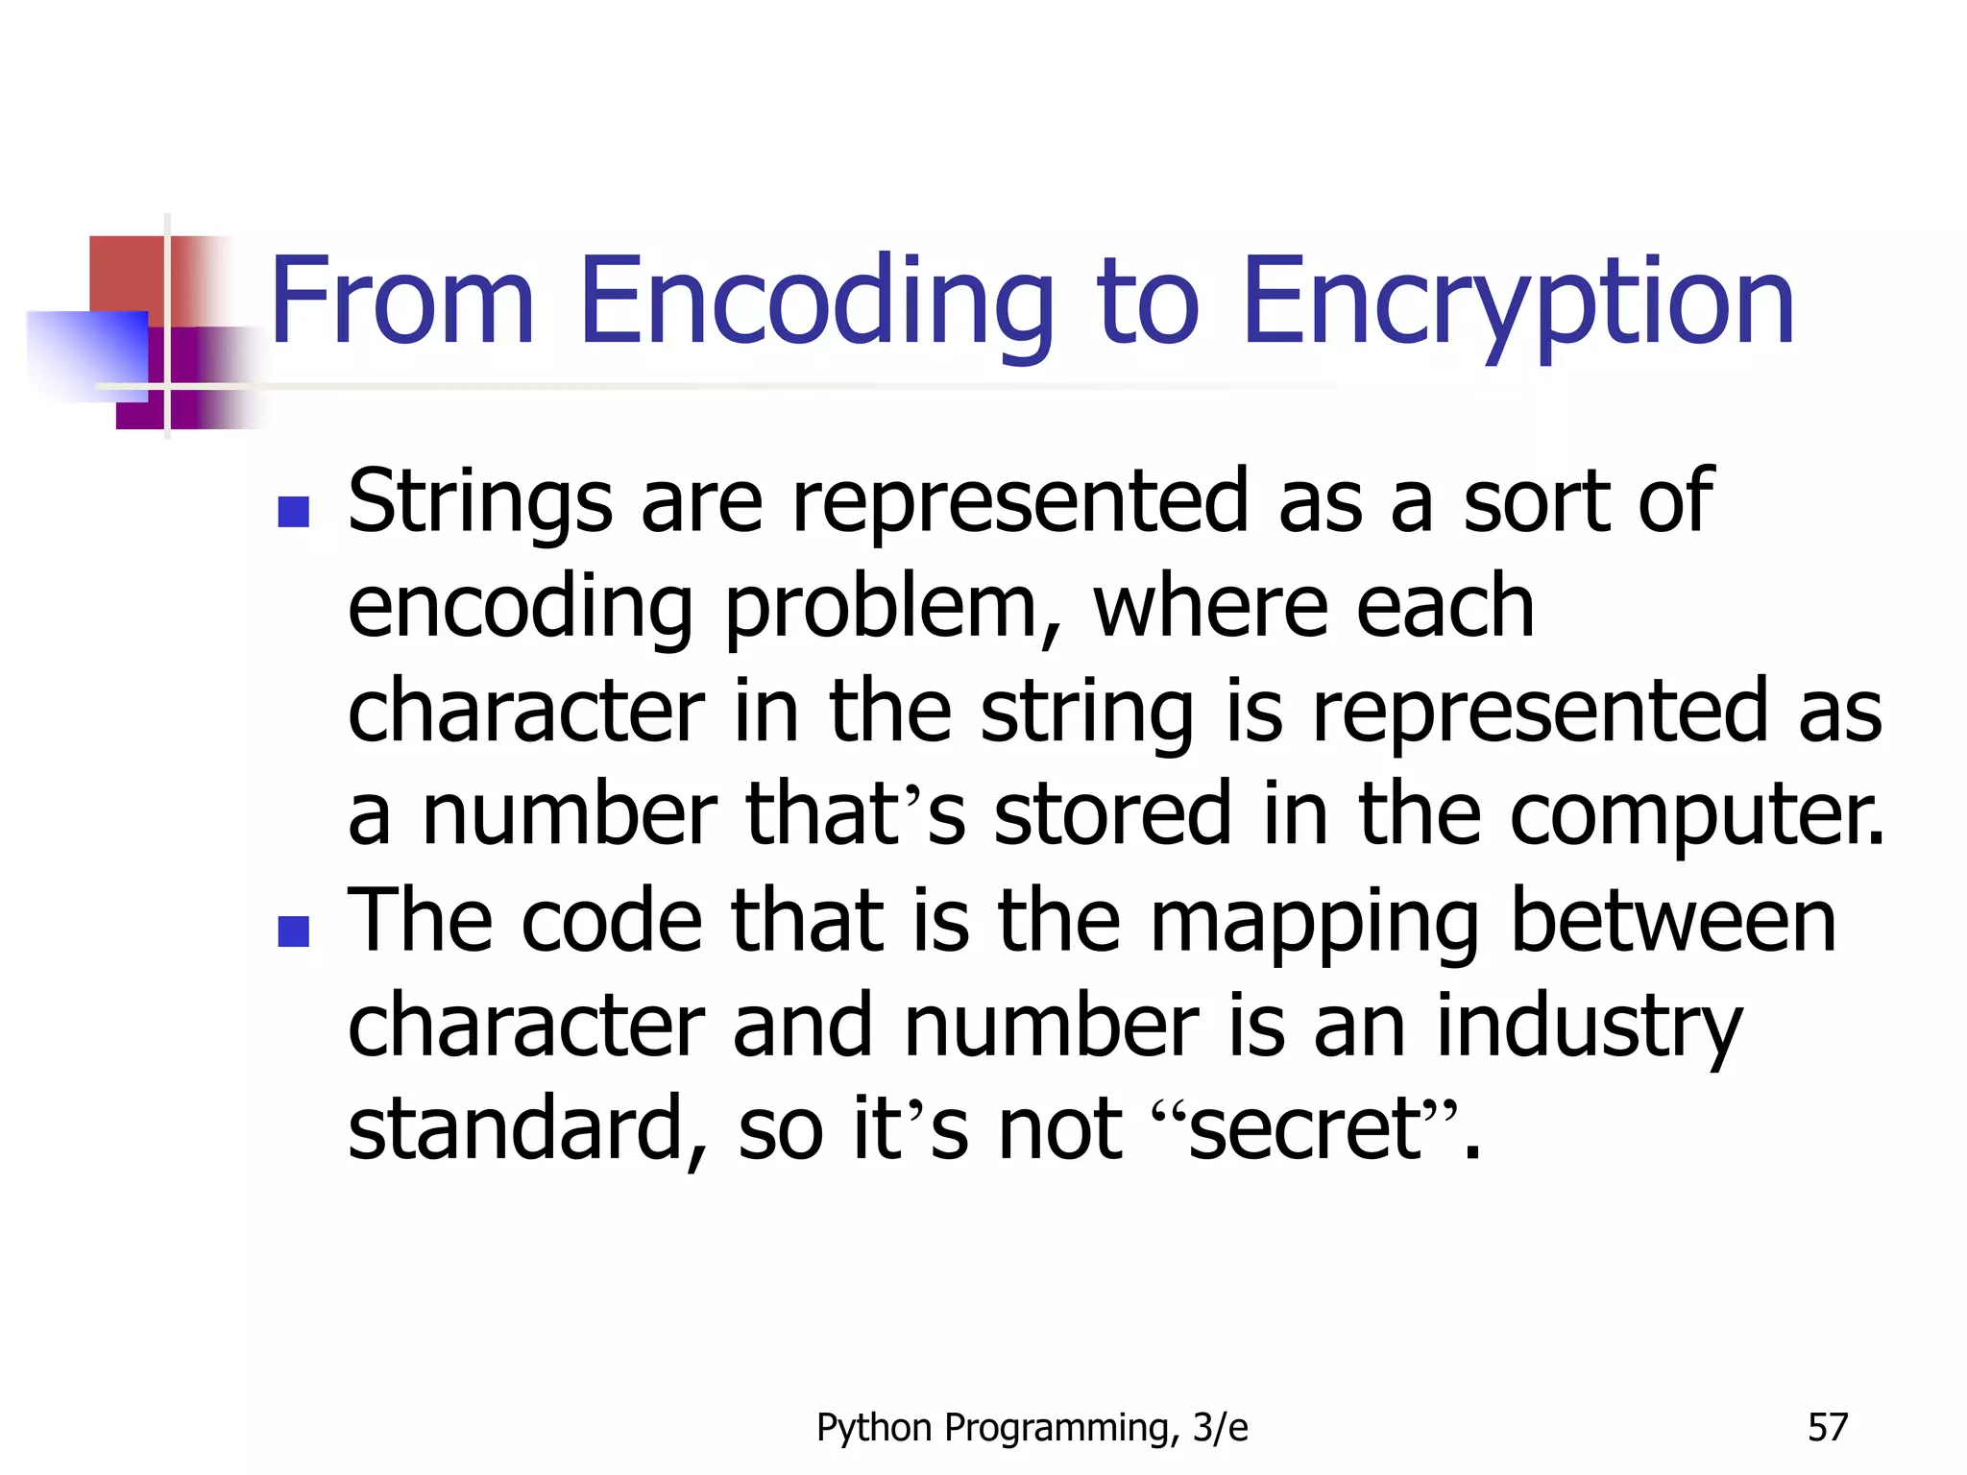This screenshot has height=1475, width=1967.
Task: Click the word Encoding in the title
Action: point(816,302)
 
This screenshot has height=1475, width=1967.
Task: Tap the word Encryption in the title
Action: point(1518,302)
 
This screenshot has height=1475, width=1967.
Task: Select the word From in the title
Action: point(401,302)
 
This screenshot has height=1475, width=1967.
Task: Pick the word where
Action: point(1208,607)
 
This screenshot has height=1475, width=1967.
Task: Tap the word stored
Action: point(1112,814)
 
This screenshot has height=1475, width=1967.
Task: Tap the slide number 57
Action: point(1827,1428)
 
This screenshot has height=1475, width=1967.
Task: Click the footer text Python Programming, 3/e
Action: point(1032,1428)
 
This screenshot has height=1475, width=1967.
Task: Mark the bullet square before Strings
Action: point(293,512)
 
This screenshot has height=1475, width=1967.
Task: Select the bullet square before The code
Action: point(293,931)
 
